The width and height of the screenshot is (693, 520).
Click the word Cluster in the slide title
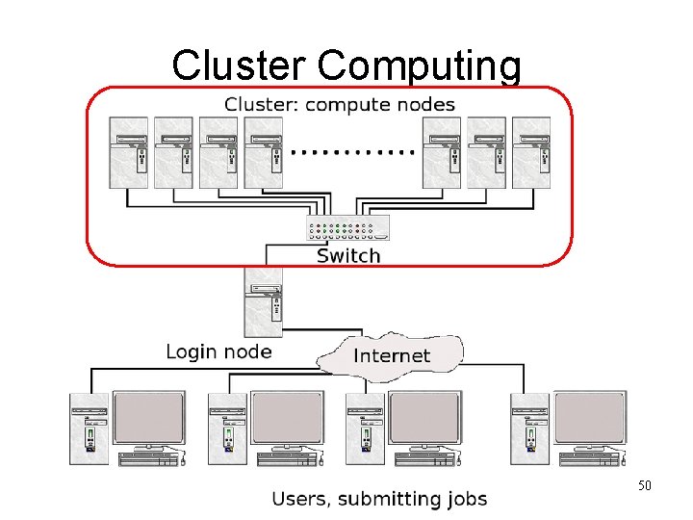coord(241,65)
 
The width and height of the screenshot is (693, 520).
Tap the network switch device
coord(348,229)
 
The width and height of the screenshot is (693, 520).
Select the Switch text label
coord(348,255)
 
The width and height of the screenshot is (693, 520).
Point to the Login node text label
coord(218,351)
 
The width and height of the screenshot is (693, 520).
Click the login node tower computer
coord(264,301)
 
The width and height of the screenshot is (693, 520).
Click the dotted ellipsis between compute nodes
coord(352,151)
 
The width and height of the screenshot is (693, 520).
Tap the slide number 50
coord(644,485)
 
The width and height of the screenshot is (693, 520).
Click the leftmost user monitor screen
coord(149,416)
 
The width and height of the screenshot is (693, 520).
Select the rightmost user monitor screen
coord(590,416)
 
